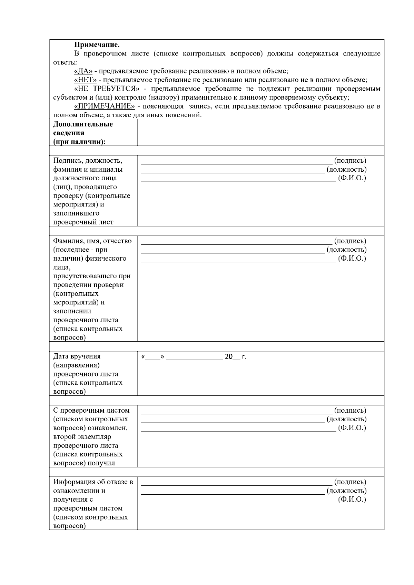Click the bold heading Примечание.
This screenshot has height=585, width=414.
click(97, 45)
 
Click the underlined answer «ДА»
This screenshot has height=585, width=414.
click(83, 71)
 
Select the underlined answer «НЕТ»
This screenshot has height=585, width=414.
click(85, 80)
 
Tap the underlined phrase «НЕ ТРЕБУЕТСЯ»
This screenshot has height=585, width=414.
click(107, 89)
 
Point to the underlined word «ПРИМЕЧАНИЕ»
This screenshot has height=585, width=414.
click(104, 106)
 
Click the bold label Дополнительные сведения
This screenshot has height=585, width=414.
click(83, 128)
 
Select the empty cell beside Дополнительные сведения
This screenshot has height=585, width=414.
click(260, 132)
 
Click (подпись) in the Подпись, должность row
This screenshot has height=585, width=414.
click(350, 160)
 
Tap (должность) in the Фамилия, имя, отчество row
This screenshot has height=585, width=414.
click(346, 250)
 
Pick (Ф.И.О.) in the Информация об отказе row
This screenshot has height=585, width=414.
click(352, 499)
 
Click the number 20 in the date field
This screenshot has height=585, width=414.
click(229, 357)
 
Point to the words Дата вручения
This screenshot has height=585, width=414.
click(77, 356)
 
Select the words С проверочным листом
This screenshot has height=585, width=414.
click(91, 410)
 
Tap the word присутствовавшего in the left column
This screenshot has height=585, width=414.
click(92, 276)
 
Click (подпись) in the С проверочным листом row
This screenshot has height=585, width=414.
click(350, 410)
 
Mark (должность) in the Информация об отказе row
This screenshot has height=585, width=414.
click(346, 491)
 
